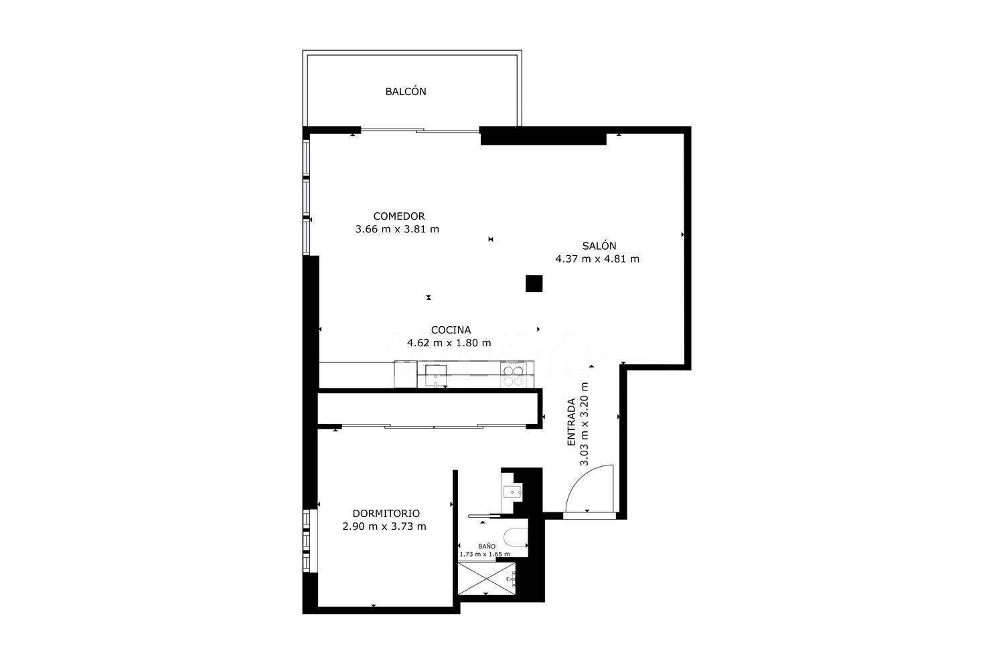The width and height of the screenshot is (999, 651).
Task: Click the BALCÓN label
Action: (x=405, y=92)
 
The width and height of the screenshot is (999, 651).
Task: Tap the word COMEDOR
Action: (x=398, y=216)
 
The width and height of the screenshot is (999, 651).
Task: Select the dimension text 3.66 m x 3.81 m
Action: (x=397, y=229)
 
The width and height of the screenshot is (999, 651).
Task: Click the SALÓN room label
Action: (x=599, y=245)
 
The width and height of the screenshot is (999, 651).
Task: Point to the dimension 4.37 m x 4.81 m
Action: (x=597, y=259)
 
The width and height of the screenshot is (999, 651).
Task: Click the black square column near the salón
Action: (x=534, y=284)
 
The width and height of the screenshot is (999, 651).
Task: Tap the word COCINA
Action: (x=451, y=330)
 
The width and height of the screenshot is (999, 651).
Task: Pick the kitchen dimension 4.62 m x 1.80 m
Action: (x=449, y=343)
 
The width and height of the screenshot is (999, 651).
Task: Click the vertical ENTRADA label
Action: (x=571, y=422)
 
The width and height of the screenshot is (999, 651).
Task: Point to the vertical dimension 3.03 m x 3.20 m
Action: (x=584, y=424)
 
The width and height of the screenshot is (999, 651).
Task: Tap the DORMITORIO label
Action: (x=386, y=514)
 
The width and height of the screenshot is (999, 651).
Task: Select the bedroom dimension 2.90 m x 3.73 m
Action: (x=384, y=526)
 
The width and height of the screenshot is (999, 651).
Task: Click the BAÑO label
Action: (x=487, y=546)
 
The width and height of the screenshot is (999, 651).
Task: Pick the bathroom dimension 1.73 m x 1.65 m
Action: (x=485, y=554)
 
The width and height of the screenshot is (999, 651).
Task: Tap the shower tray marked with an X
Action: (x=487, y=578)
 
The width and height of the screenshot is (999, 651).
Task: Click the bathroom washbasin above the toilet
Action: (x=512, y=492)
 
